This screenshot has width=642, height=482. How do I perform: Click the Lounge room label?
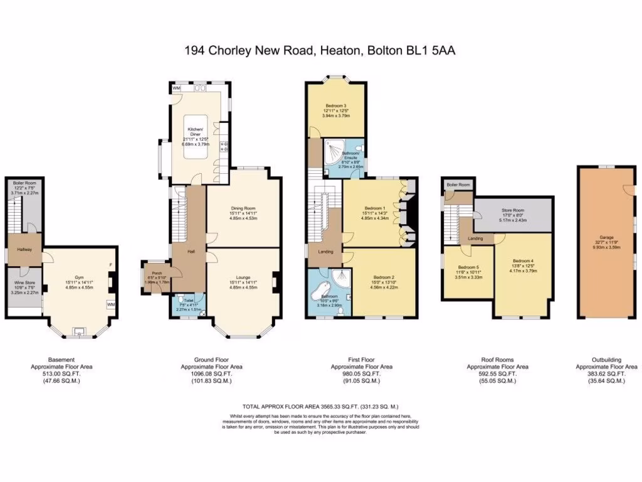pos(241,274)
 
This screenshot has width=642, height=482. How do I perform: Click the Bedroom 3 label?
pos(336,106)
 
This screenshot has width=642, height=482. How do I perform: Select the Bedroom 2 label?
pos(383,277)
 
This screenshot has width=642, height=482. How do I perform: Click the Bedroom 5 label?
pos(468,265)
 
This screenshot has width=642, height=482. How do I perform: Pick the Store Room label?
pos(512,210)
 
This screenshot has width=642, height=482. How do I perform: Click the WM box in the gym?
pos(111,305)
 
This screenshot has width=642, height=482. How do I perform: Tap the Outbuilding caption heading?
pos(606,359)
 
